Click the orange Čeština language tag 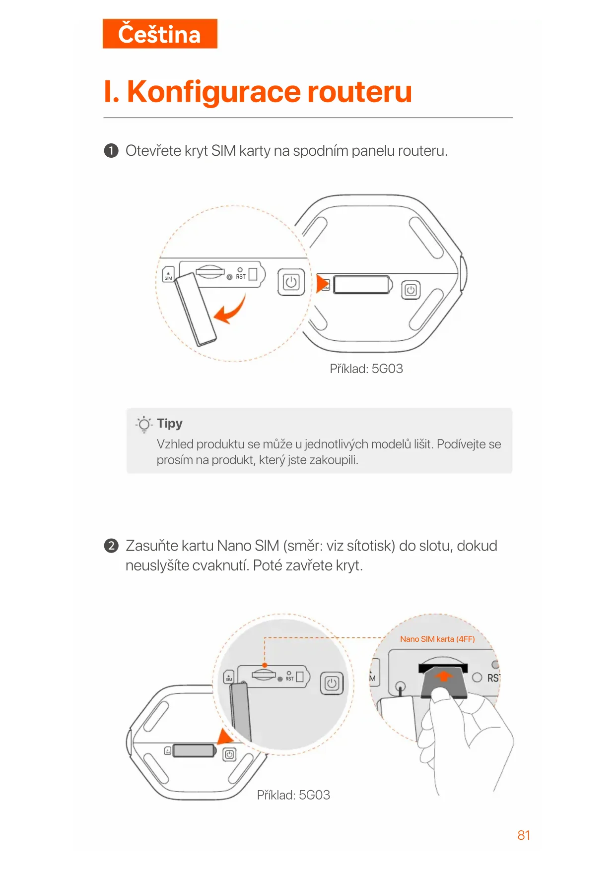(159, 34)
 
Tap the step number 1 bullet (111, 151)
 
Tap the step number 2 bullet (111, 546)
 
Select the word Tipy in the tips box (170, 424)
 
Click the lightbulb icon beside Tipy (144, 424)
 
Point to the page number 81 (524, 835)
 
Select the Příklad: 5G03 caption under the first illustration (366, 369)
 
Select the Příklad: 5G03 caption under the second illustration (293, 795)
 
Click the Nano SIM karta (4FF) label (437, 639)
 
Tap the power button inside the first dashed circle (291, 282)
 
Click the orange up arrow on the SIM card (444, 676)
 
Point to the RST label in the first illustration (241, 277)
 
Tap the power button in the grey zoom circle (332, 684)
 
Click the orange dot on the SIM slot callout (265, 665)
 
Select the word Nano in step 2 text (234, 546)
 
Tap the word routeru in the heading (359, 92)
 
